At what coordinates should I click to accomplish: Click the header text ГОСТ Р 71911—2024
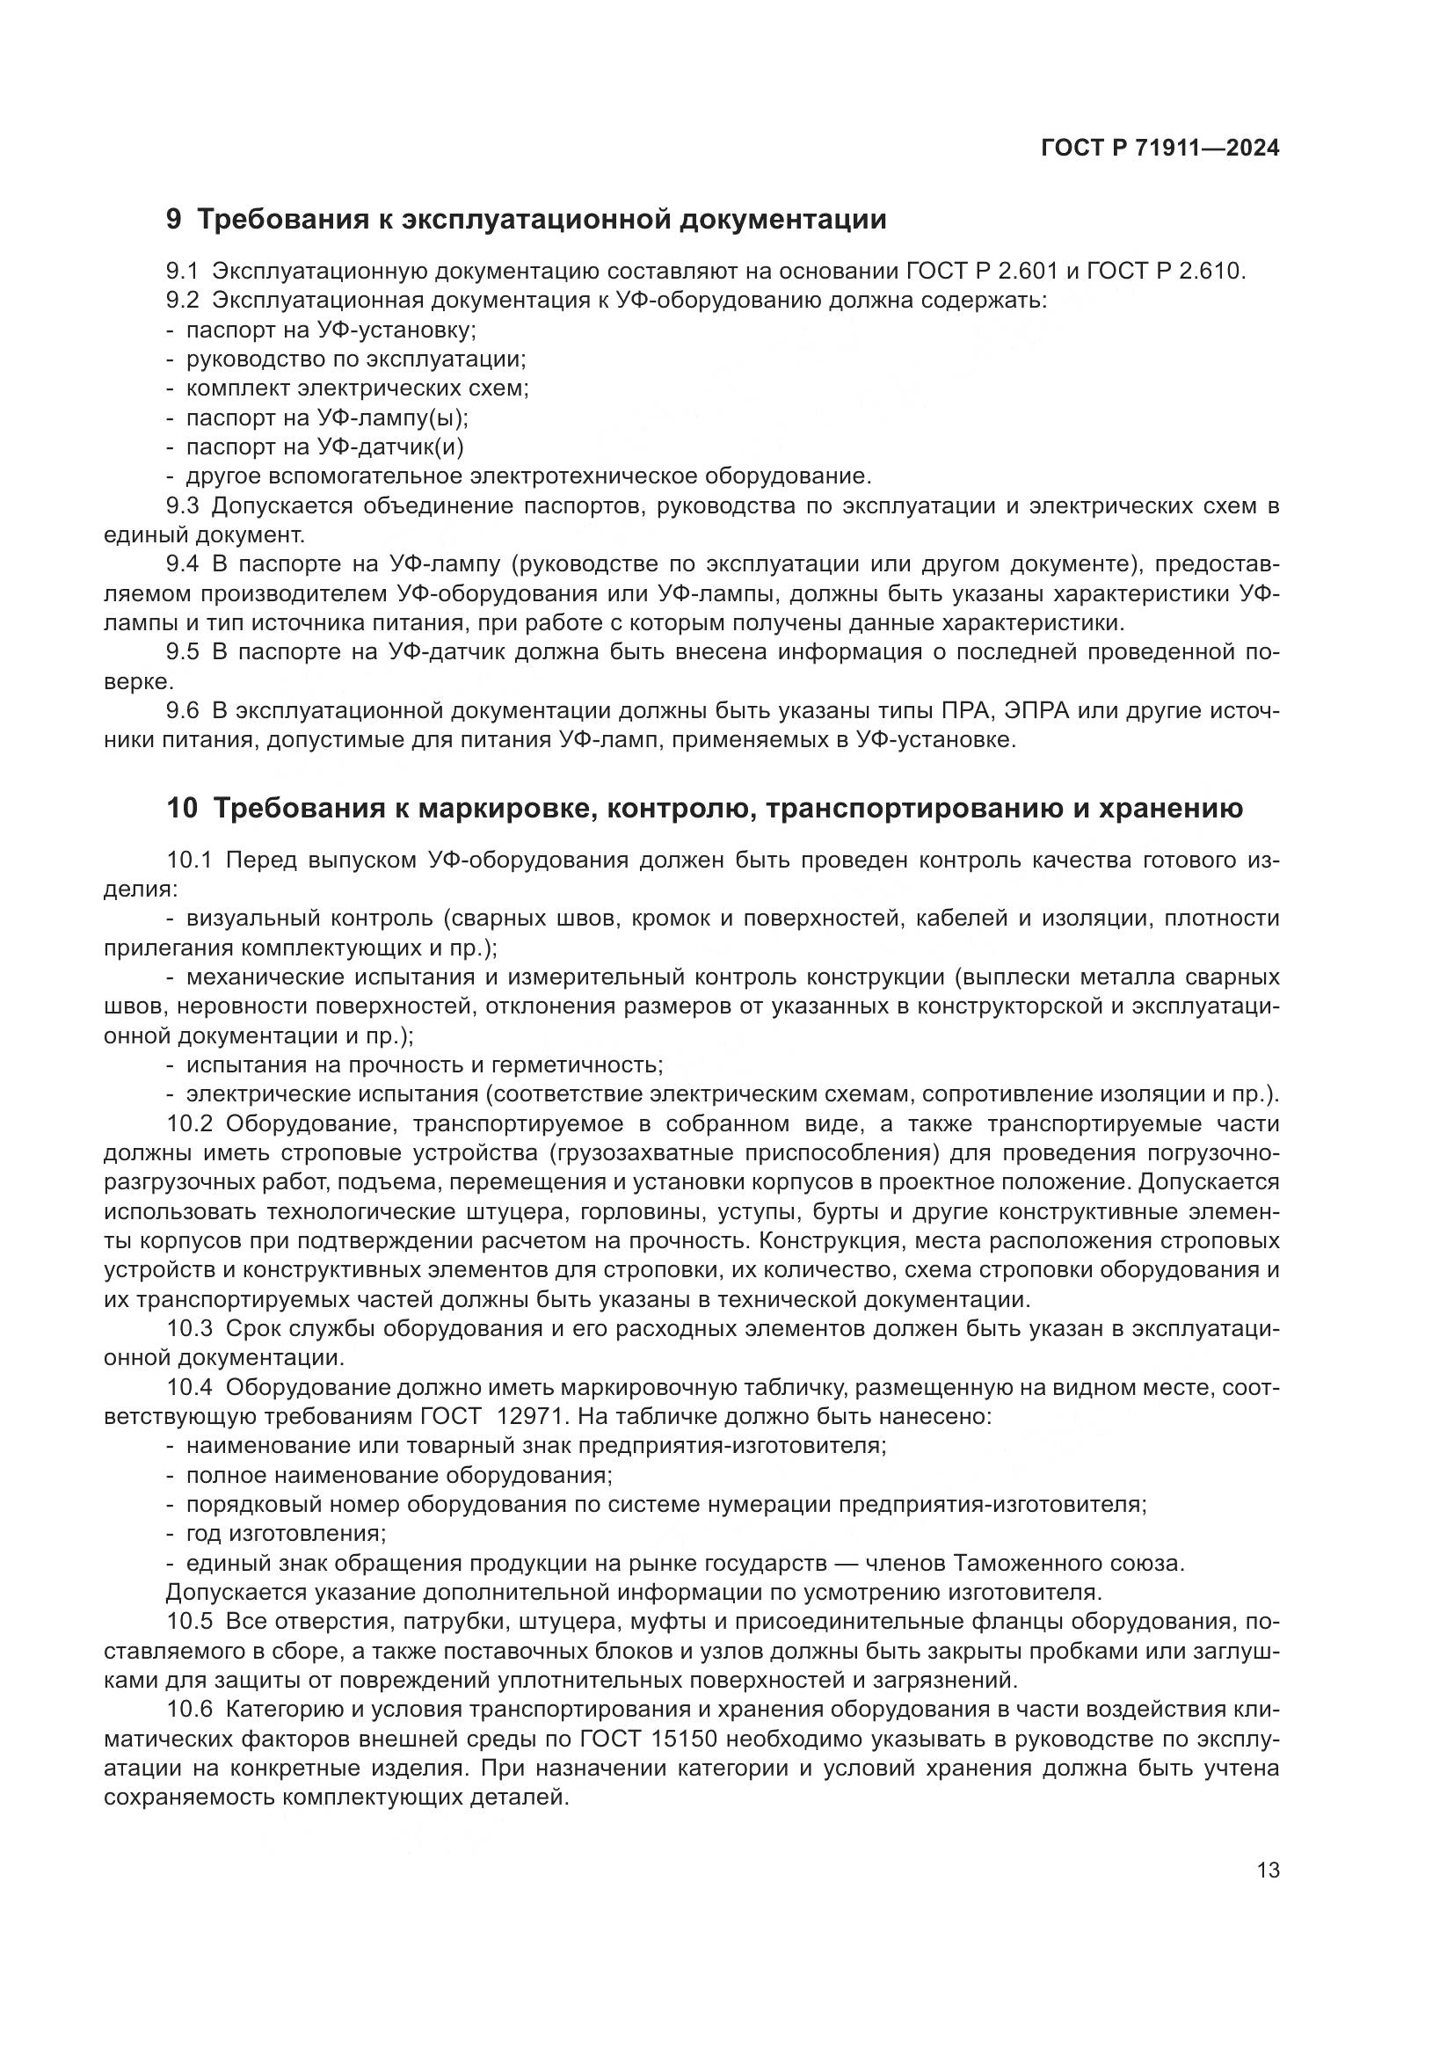(1160, 149)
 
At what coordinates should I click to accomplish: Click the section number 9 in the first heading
(174, 220)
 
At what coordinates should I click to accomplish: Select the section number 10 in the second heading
(182, 808)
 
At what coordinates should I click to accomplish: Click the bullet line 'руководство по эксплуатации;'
(355, 360)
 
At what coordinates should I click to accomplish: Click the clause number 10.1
(189, 861)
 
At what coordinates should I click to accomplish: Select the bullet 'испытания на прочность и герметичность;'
(424, 1064)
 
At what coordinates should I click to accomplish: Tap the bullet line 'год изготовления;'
(286, 1533)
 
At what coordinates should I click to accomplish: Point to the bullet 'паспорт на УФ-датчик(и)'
(324, 447)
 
